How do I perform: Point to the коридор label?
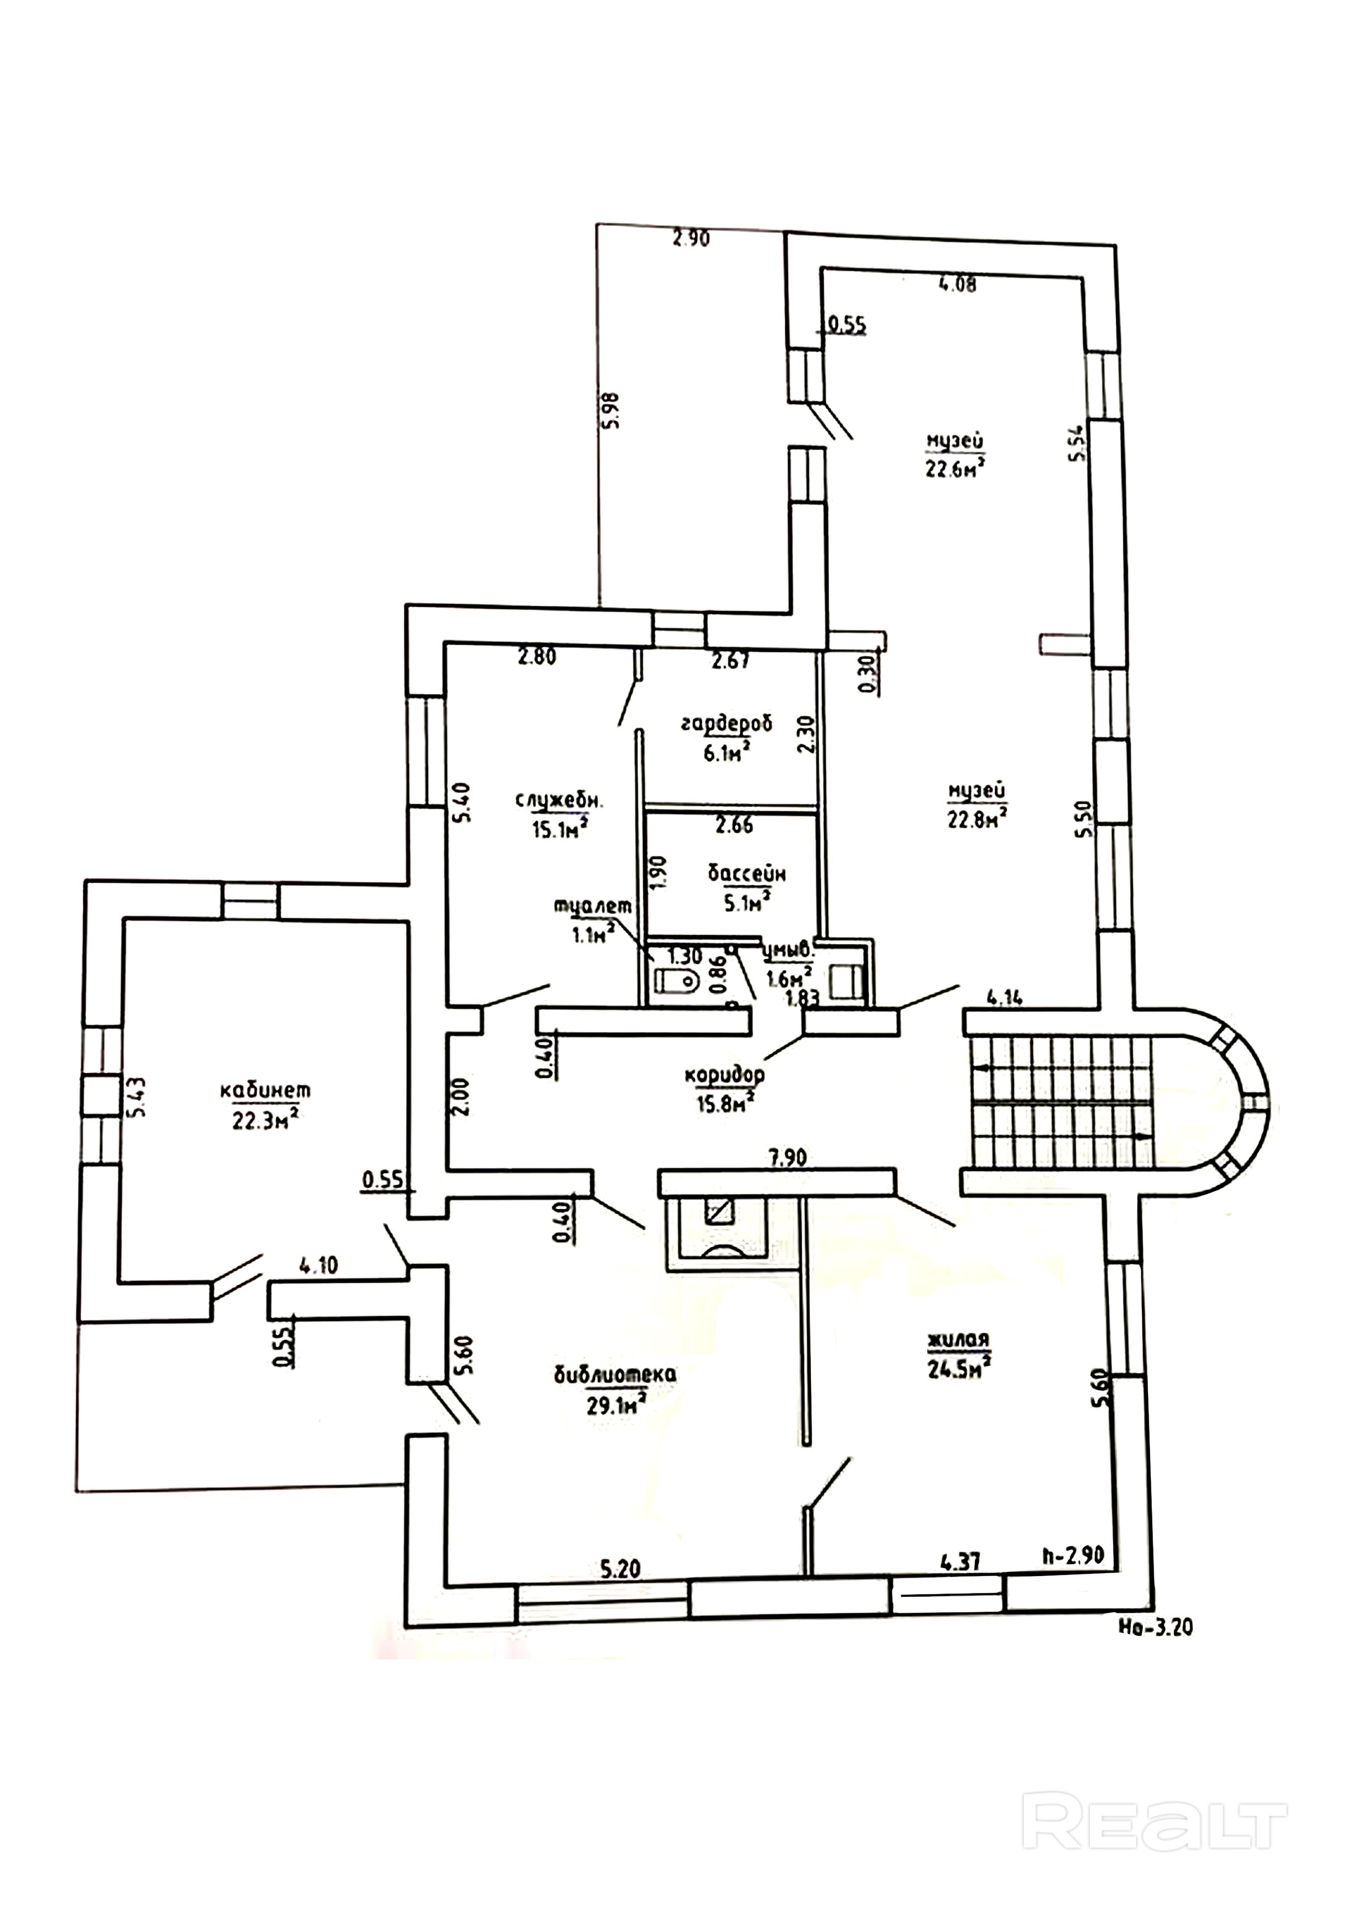tap(724, 1074)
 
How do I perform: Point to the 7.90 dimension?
tap(785, 1159)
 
